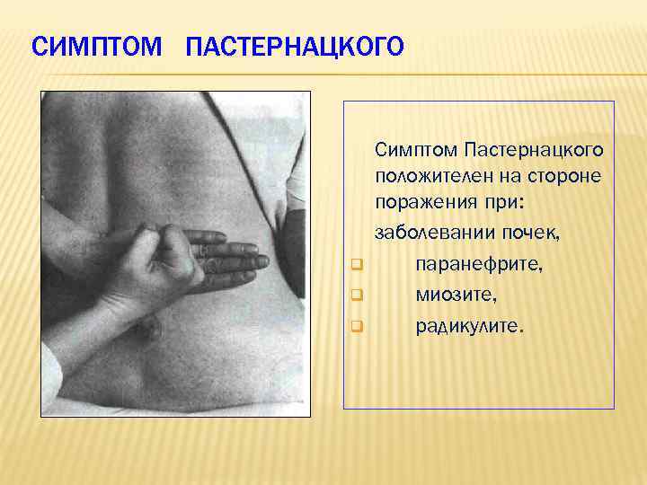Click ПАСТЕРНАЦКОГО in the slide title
pos(294,46)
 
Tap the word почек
pos(530,234)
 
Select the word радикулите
pos(467,324)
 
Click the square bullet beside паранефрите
pos(356,265)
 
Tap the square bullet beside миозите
pos(356,295)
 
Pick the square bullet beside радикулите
pos(356,325)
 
